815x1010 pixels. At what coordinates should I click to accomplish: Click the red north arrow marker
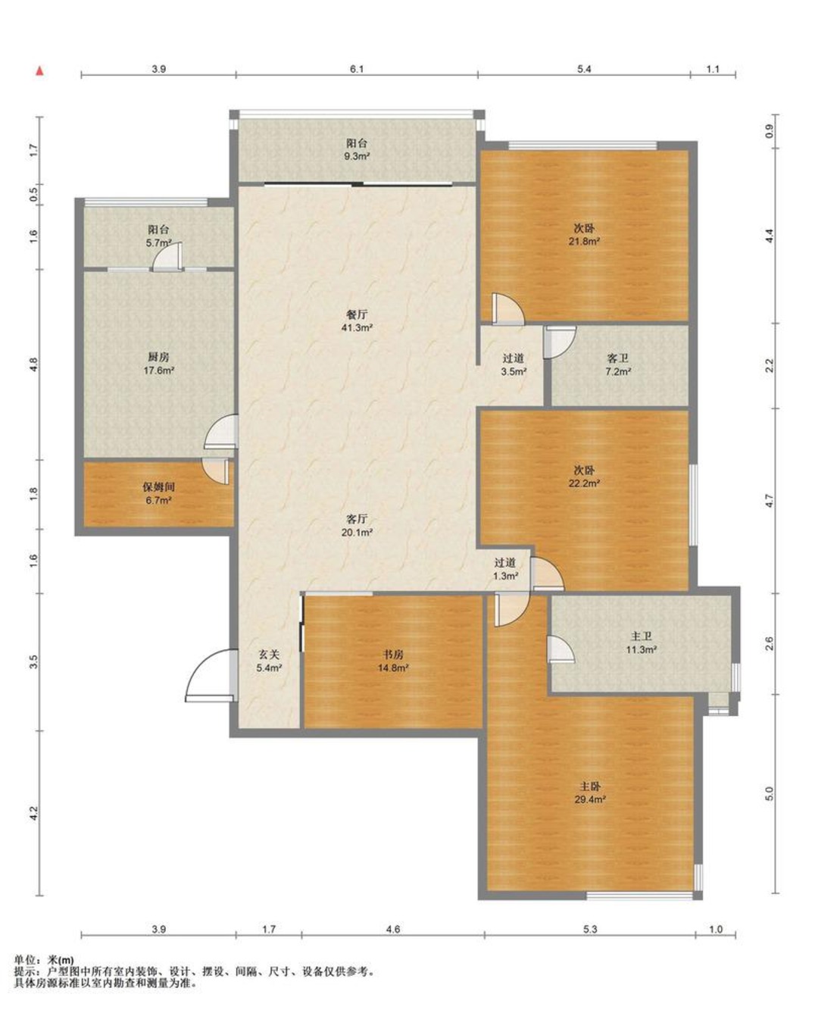[x=40, y=71]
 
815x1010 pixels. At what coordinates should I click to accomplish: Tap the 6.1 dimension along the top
[x=357, y=69]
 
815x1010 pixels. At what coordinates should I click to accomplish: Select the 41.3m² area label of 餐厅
[x=357, y=327]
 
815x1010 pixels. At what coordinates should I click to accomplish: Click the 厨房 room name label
[x=159, y=357]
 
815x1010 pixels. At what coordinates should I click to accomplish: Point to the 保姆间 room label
[x=159, y=487]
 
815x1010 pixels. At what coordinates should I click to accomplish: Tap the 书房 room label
[x=393, y=655]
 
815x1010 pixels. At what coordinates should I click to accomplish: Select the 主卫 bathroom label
[x=641, y=636]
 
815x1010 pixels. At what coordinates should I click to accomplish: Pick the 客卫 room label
[x=618, y=359]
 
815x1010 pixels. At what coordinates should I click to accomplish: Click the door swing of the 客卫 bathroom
[x=560, y=342]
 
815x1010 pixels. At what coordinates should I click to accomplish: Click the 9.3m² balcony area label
[x=357, y=156]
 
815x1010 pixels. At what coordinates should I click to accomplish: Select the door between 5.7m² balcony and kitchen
[x=167, y=257]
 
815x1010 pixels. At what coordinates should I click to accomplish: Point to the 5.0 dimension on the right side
[x=769, y=793]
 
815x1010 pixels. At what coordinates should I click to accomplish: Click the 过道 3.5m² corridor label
[x=514, y=365]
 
